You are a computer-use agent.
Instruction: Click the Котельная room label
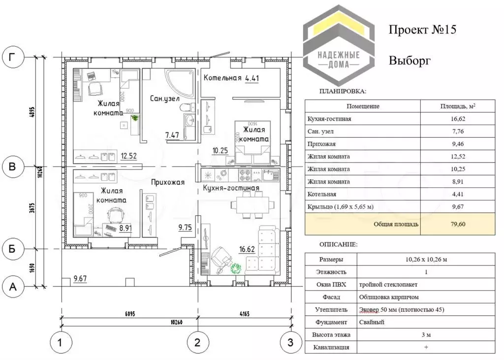coord(222,78)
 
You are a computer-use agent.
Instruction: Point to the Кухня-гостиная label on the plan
coord(231,188)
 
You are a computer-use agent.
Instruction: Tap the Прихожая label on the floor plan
coord(168,182)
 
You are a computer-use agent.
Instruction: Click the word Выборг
coord(410,61)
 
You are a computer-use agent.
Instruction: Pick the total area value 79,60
coord(458,224)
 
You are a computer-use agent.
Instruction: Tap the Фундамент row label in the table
coord(331,322)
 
